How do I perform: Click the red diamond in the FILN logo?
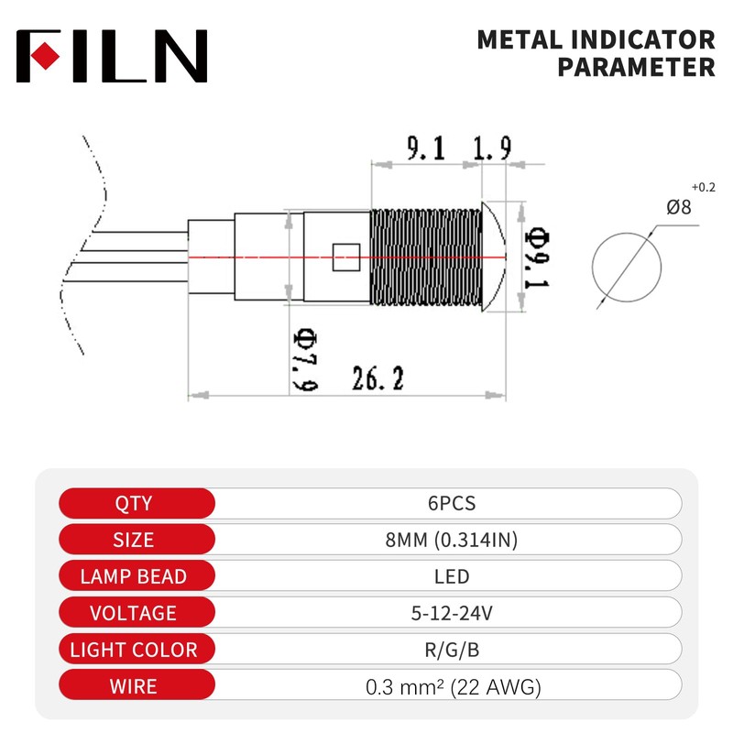(45, 56)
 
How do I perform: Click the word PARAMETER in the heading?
(636, 67)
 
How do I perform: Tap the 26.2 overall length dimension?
(377, 378)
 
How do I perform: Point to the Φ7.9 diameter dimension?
(305, 360)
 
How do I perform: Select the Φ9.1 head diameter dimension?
(537, 257)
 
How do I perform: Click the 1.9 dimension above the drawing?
(492, 148)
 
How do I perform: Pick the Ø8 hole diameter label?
(678, 207)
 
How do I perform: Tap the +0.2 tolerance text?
(704, 188)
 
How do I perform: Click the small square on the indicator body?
(346, 257)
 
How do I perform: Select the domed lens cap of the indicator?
(493, 257)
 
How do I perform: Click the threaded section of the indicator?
(426, 257)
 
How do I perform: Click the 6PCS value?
(452, 503)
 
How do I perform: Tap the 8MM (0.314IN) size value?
(452, 540)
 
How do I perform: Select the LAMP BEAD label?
(134, 576)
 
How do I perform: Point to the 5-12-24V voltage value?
(452, 613)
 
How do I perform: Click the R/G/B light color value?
(452, 650)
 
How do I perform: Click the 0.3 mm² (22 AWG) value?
(453, 686)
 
